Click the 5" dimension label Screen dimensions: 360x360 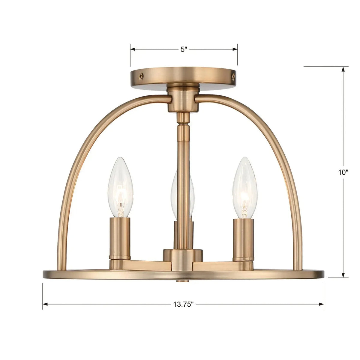[x=184, y=49]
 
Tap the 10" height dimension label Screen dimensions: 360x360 [x=342, y=172]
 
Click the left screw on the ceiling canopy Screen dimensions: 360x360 [x=140, y=76]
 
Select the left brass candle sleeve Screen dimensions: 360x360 [x=120, y=238]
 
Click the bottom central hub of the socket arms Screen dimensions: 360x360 [x=183, y=256]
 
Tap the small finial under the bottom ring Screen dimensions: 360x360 [x=183, y=281]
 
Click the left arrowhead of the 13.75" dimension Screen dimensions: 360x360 [x=45, y=304]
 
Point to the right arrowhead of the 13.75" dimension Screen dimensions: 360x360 [x=322, y=304]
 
